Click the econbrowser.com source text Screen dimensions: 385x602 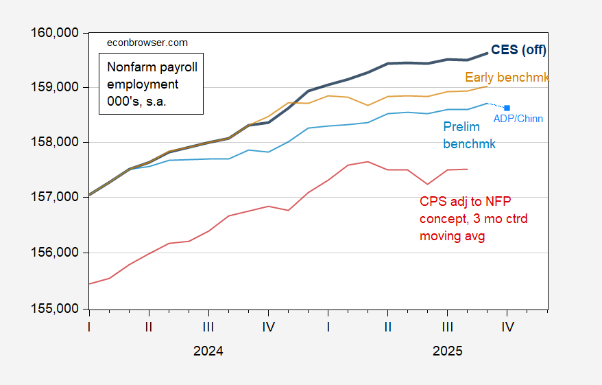147,43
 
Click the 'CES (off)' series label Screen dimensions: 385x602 519,49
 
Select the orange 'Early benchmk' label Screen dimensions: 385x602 507,78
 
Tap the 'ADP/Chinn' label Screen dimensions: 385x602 518,119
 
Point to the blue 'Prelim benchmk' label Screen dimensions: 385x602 469,137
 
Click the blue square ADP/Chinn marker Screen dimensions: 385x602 507,108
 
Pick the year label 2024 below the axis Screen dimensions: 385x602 208,351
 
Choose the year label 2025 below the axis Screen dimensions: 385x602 447,351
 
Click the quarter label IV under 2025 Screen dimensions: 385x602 507,327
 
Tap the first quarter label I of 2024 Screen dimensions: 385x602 89,327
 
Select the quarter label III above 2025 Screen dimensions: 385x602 448,327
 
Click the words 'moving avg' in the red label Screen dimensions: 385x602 452,236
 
